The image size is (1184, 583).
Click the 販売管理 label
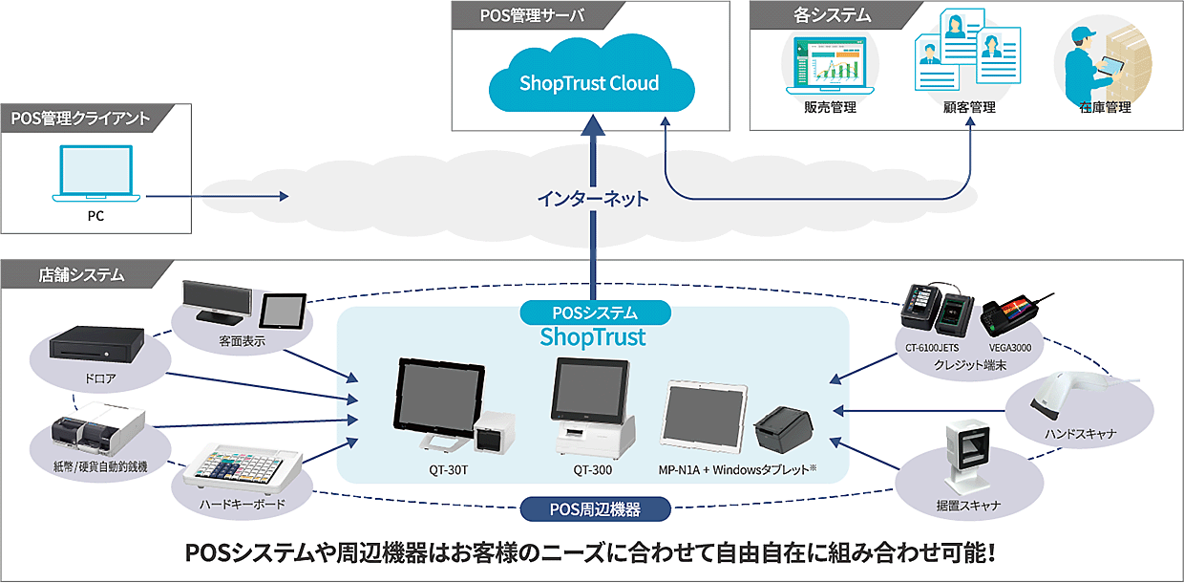pyautogui.click(x=830, y=108)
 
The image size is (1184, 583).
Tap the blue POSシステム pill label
pyautogui.click(x=595, y=313)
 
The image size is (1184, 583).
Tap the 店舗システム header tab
pyautogui.click(x=80, y=275)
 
